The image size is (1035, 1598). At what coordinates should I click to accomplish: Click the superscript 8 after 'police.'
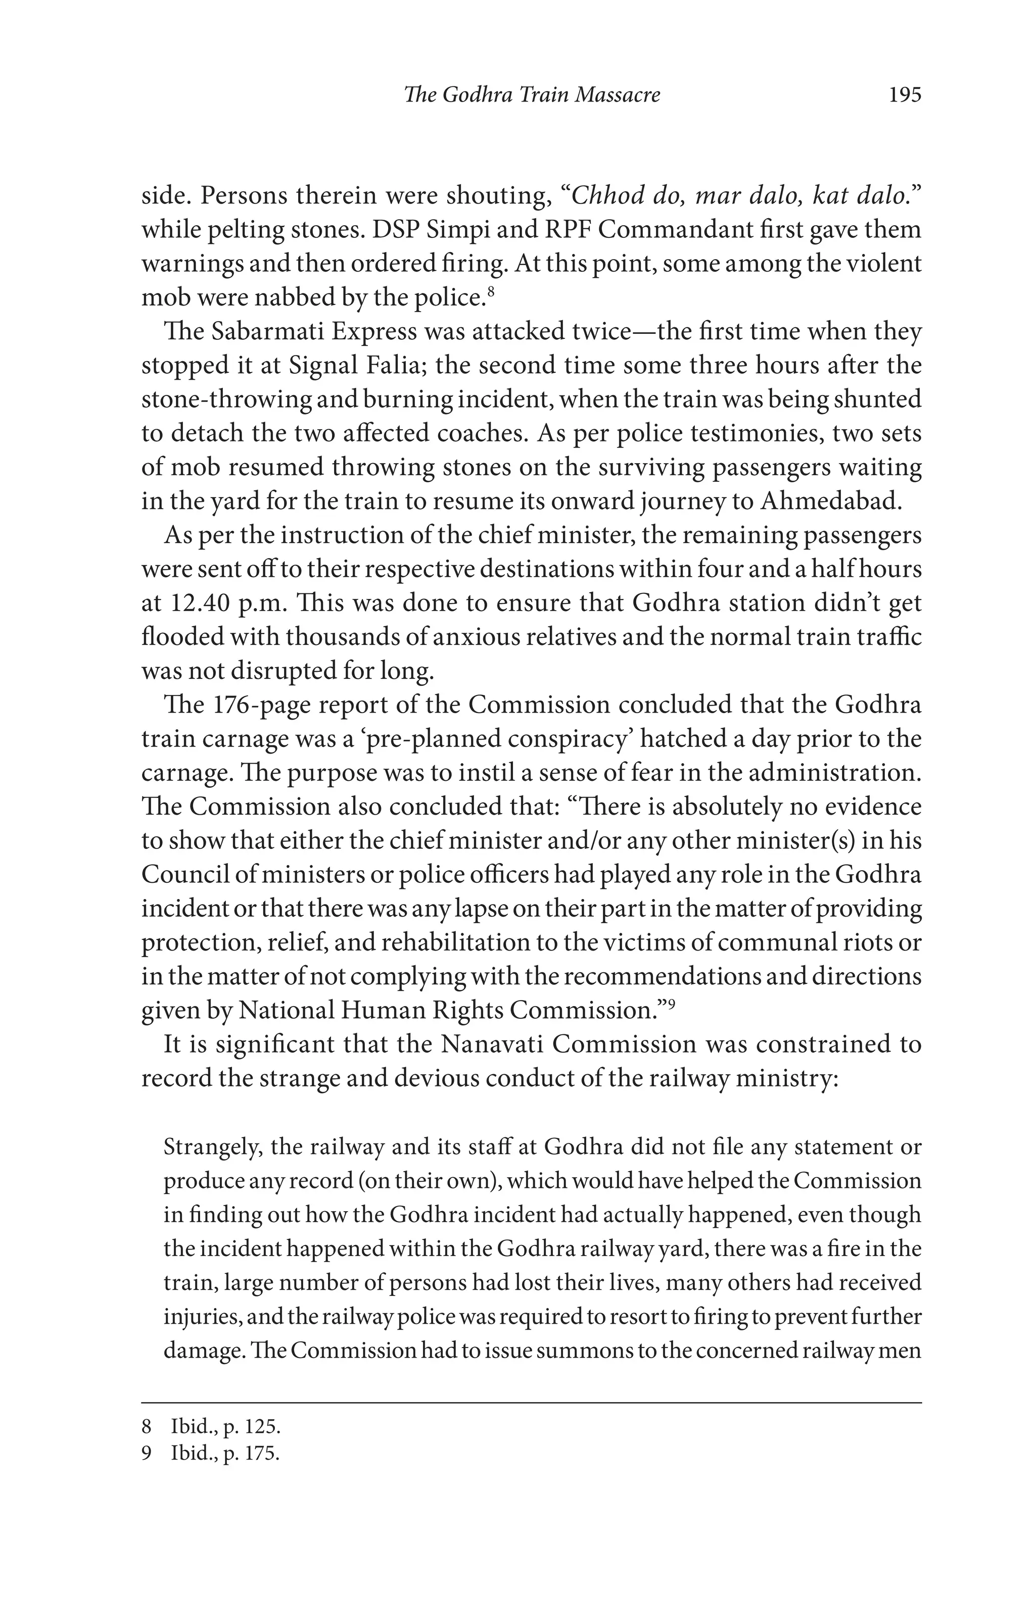coord(492,291)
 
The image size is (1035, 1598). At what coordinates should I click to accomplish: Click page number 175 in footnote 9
coord(259,1455)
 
